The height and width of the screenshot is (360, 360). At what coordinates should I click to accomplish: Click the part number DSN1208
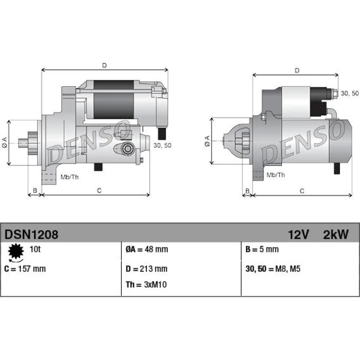31,235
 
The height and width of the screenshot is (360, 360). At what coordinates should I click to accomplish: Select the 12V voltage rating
298,235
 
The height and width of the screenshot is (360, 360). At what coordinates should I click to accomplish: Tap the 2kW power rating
336,235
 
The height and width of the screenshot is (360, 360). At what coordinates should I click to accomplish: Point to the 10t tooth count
35,249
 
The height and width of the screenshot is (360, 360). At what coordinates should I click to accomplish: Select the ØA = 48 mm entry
147,249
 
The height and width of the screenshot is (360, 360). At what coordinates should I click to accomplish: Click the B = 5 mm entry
262,249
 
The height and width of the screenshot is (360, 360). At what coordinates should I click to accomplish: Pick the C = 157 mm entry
25,269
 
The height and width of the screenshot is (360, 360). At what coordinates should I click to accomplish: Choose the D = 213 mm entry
147,269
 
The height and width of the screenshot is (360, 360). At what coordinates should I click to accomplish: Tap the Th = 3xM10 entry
146,285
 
